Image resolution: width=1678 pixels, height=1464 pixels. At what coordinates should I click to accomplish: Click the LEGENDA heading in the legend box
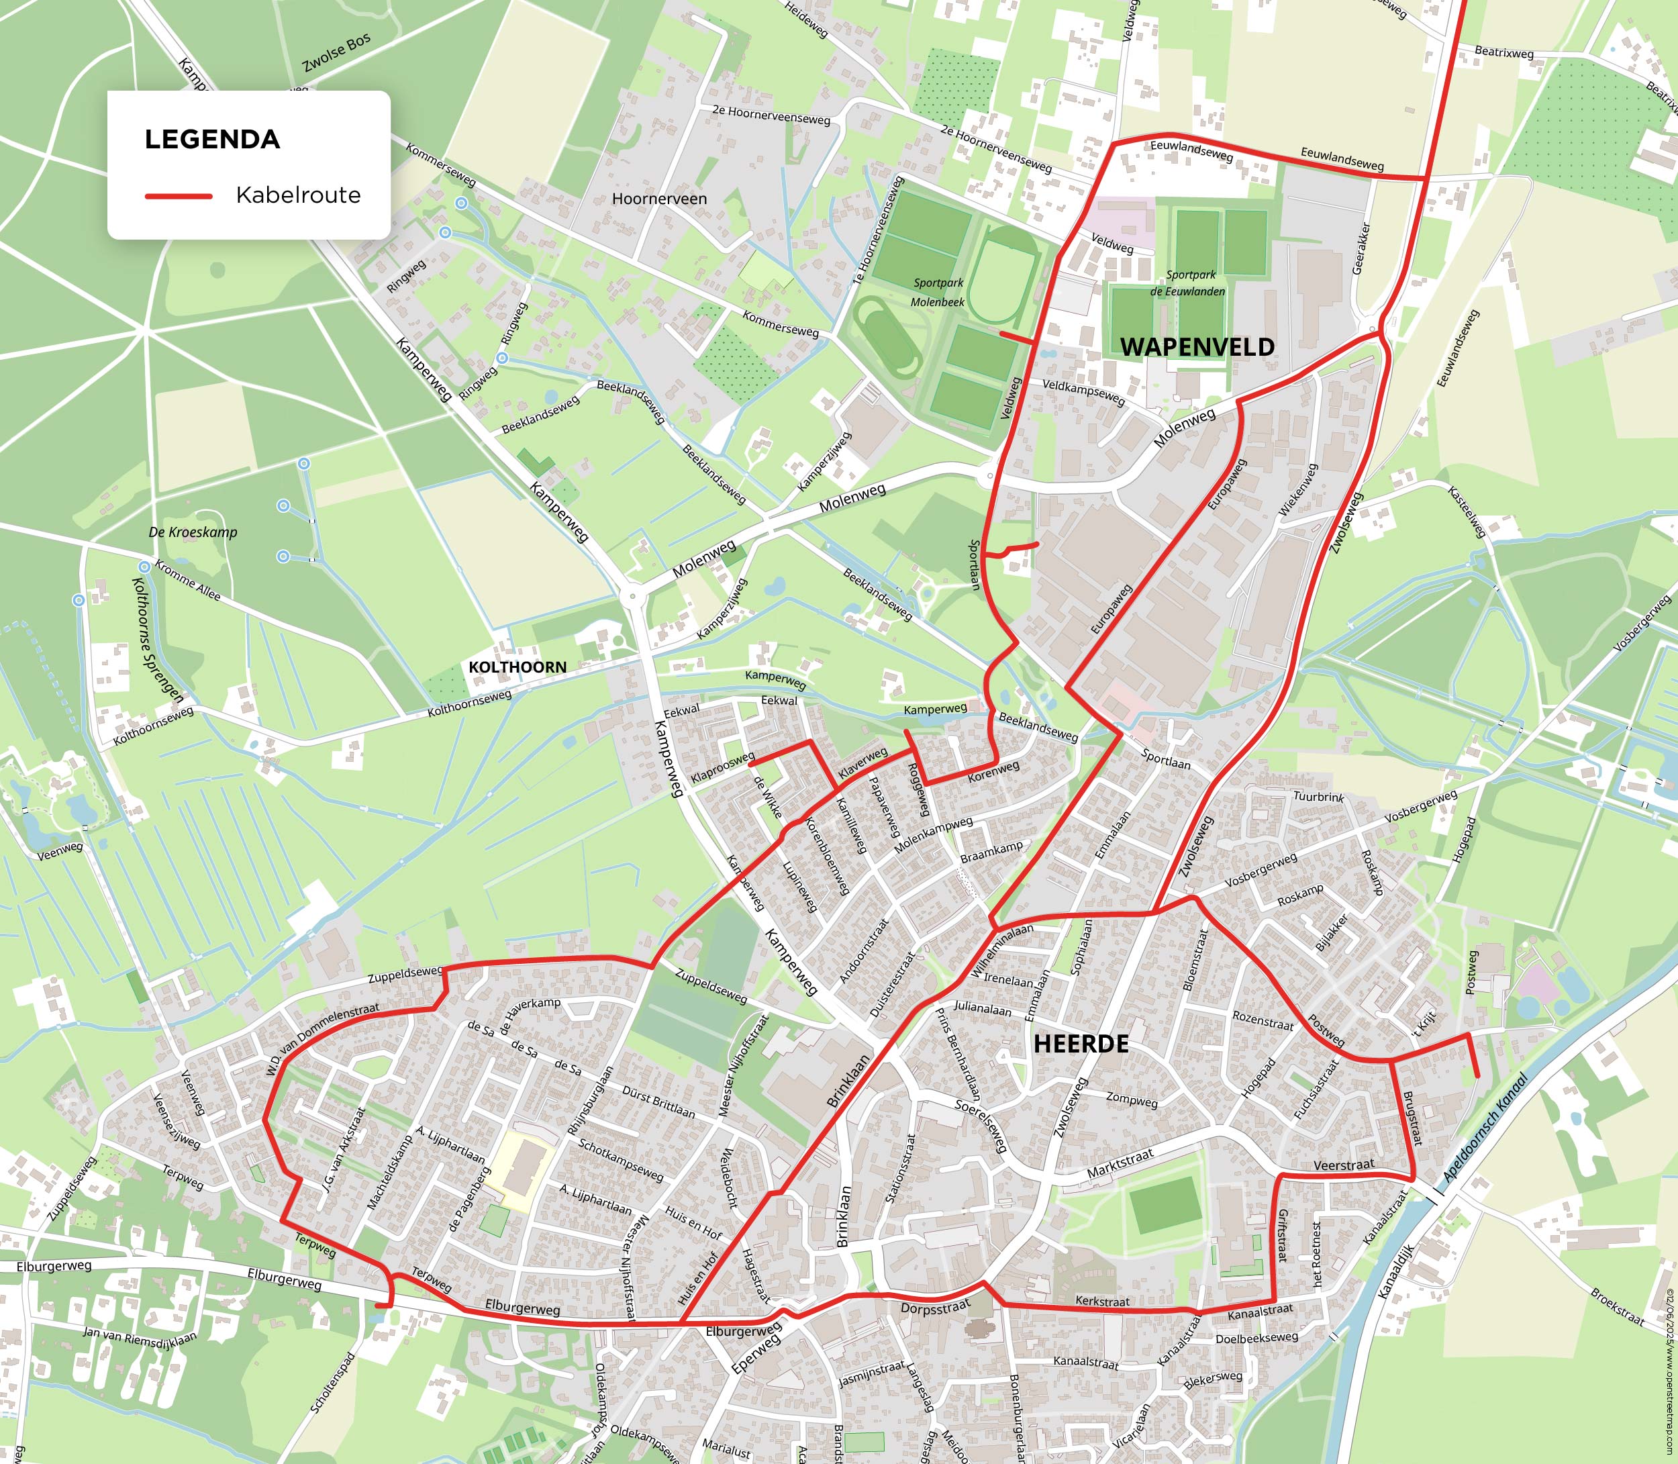[x=212, y=140]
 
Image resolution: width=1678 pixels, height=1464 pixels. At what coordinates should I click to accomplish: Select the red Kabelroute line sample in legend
[x=178, y=196]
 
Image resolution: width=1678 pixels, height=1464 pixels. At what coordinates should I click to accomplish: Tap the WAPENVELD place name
[x=1197, y=347]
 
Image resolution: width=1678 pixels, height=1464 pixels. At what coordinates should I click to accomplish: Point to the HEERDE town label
[x=1081, y=1044]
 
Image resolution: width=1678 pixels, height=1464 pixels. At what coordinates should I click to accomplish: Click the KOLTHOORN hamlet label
[x=517, y=667]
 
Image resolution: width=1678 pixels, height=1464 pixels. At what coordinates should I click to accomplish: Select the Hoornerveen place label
[x=659, y=199]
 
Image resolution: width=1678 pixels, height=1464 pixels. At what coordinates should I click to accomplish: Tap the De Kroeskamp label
[x=193, y=532]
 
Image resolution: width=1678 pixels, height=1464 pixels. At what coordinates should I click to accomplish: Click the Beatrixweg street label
[x=1503, y=53]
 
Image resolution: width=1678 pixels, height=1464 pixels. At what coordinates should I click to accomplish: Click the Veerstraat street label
[x=1344, y=1165]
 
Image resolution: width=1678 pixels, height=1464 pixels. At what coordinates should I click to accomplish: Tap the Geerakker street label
[x=1361, y=248]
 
